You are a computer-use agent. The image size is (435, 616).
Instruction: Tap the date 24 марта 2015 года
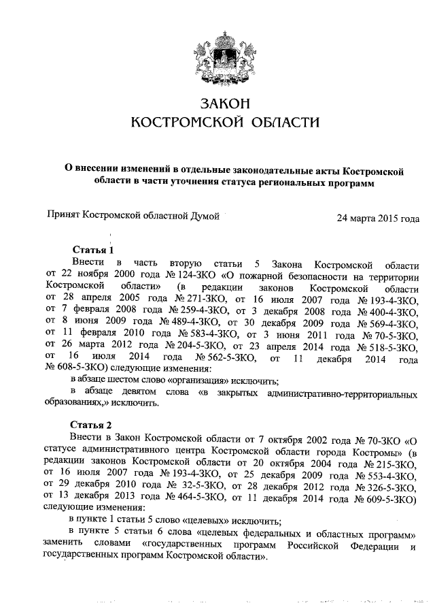[378, 218]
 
